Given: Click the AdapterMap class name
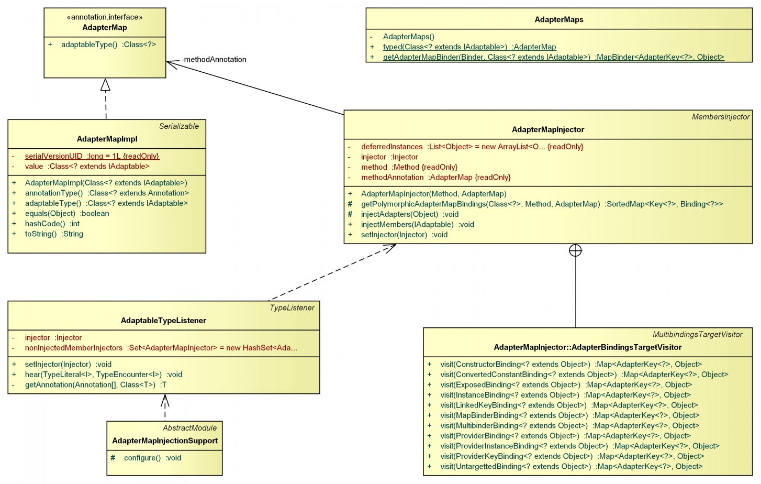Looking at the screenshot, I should (x=105, y=28).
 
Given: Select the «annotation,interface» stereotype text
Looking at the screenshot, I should (x=105, y=17).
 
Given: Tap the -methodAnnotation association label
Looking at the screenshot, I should (x=214, y=60).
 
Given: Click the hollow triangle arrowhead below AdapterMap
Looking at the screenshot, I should (x=106, y=84).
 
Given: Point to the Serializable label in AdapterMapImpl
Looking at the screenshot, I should (x=179, y=126).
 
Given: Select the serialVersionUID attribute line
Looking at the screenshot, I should (x=92, y=156).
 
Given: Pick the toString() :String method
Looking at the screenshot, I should (x=54, y=234).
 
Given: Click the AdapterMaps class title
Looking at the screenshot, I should (x=559, y=20).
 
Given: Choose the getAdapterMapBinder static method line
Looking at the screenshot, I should (x=553, y=57).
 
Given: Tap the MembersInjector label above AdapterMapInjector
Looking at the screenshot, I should (x=721, y=117).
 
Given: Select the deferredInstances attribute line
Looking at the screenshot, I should (x=472, y=147).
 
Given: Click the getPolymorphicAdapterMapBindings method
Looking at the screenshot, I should (x=542, y=204).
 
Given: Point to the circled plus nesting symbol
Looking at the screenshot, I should (x=575, y=250).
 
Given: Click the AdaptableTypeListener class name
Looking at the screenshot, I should (x=163, y=321).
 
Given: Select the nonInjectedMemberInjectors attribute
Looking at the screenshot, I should (x=161, y=348).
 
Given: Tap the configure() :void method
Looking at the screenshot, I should (x=152, y=458).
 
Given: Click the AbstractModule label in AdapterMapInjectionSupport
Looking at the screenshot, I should (x=189, y=428).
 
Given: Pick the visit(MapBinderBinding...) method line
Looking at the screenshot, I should (x=569, y=415).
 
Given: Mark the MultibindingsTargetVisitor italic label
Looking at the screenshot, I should (x=697, y=335).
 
